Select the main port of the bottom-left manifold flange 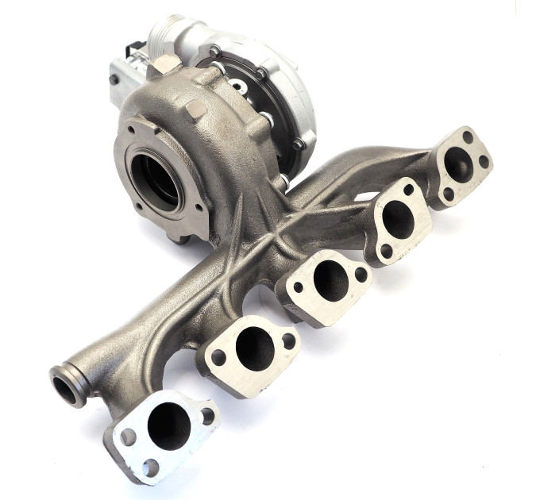tap(168, 426)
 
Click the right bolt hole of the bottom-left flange tap(207, 413)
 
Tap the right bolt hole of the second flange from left tap(288, 340)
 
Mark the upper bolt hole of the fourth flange tap(408, 190)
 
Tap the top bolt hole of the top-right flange tap(468, 137)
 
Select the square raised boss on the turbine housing tap(194, 109)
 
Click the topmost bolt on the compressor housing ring tap(214, 51)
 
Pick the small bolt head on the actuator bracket tap(115, 79)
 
